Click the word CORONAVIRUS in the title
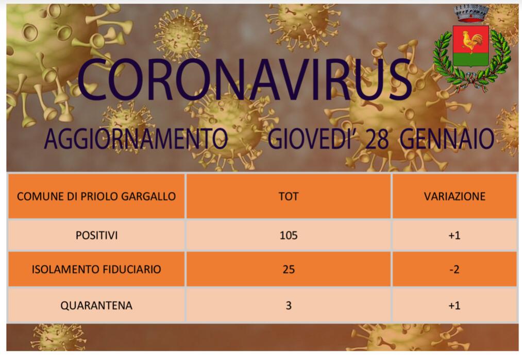[x=244, y=80]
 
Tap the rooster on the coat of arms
[x=472, y=41]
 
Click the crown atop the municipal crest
[x=470, y=13]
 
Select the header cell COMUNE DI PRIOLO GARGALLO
[x=96, y=196]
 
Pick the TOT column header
[x=288, y=196]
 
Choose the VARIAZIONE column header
[x=454, y=196]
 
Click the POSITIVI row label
[x=96, y=235]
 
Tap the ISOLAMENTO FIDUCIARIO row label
[x=96, y=269]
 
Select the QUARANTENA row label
[x=96, y=305]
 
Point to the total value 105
[x=288, y=235]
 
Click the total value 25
[x=288, y=269]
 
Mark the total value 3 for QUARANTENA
[x=288, y=305]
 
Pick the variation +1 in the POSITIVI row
[x=454, y=235]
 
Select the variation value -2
[x=454, y=269]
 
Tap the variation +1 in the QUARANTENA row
[x=454, y=305]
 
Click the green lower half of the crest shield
[x=470, y=60]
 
